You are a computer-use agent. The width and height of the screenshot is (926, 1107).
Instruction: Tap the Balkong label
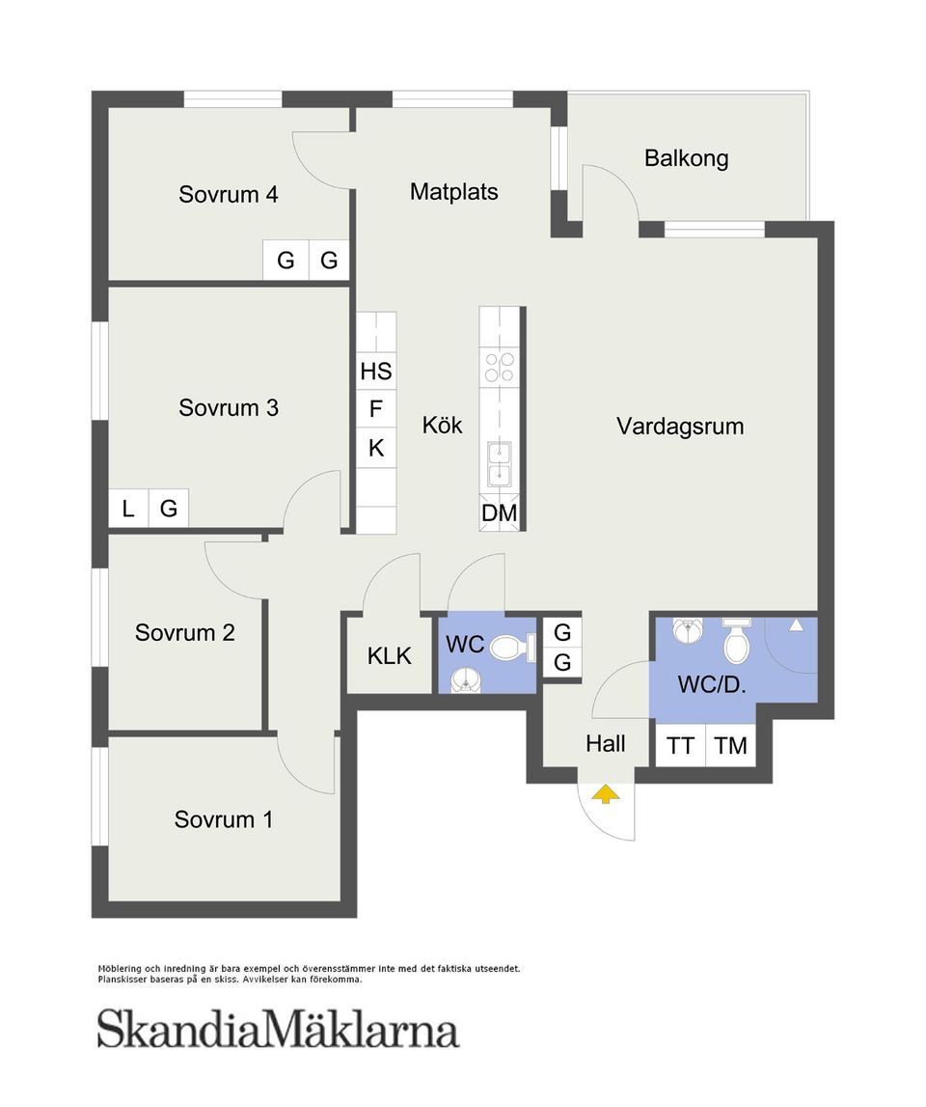[x=686, y=158]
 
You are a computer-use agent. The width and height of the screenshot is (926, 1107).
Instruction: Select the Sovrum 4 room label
[x=228, y=194]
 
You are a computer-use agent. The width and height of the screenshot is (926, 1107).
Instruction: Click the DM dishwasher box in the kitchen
[x=500, y=513]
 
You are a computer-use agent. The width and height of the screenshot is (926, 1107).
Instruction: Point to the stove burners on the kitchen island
[x=500, y=367]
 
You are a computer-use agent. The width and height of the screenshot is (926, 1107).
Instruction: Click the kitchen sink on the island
[x=500, y=464]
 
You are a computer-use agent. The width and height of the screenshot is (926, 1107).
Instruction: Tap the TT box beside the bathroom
[x=680, y=745]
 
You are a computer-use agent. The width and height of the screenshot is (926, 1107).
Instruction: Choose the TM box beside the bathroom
[x=730, y=745]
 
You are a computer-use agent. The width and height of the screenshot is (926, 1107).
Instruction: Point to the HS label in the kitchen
[x=376, y=371]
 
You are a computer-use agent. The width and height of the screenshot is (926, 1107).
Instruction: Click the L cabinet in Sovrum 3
[x=127, y=509]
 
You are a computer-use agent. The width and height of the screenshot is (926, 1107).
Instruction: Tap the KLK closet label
[x=389, y=656]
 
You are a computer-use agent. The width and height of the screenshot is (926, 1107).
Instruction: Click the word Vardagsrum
[x=680, y=427]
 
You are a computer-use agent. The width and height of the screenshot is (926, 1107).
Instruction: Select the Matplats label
[x=453, y=191]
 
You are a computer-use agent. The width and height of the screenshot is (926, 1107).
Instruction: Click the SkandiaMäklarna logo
[x=278, y=1030]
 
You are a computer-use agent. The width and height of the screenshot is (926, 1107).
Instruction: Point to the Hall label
[x=606, y=743]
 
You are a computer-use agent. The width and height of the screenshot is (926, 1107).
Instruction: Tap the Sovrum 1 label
[x=223, y=819]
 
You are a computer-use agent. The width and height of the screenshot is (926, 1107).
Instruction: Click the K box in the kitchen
[x=376, y=448]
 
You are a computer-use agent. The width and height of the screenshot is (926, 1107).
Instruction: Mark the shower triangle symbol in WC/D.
[x=796, y=624]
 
